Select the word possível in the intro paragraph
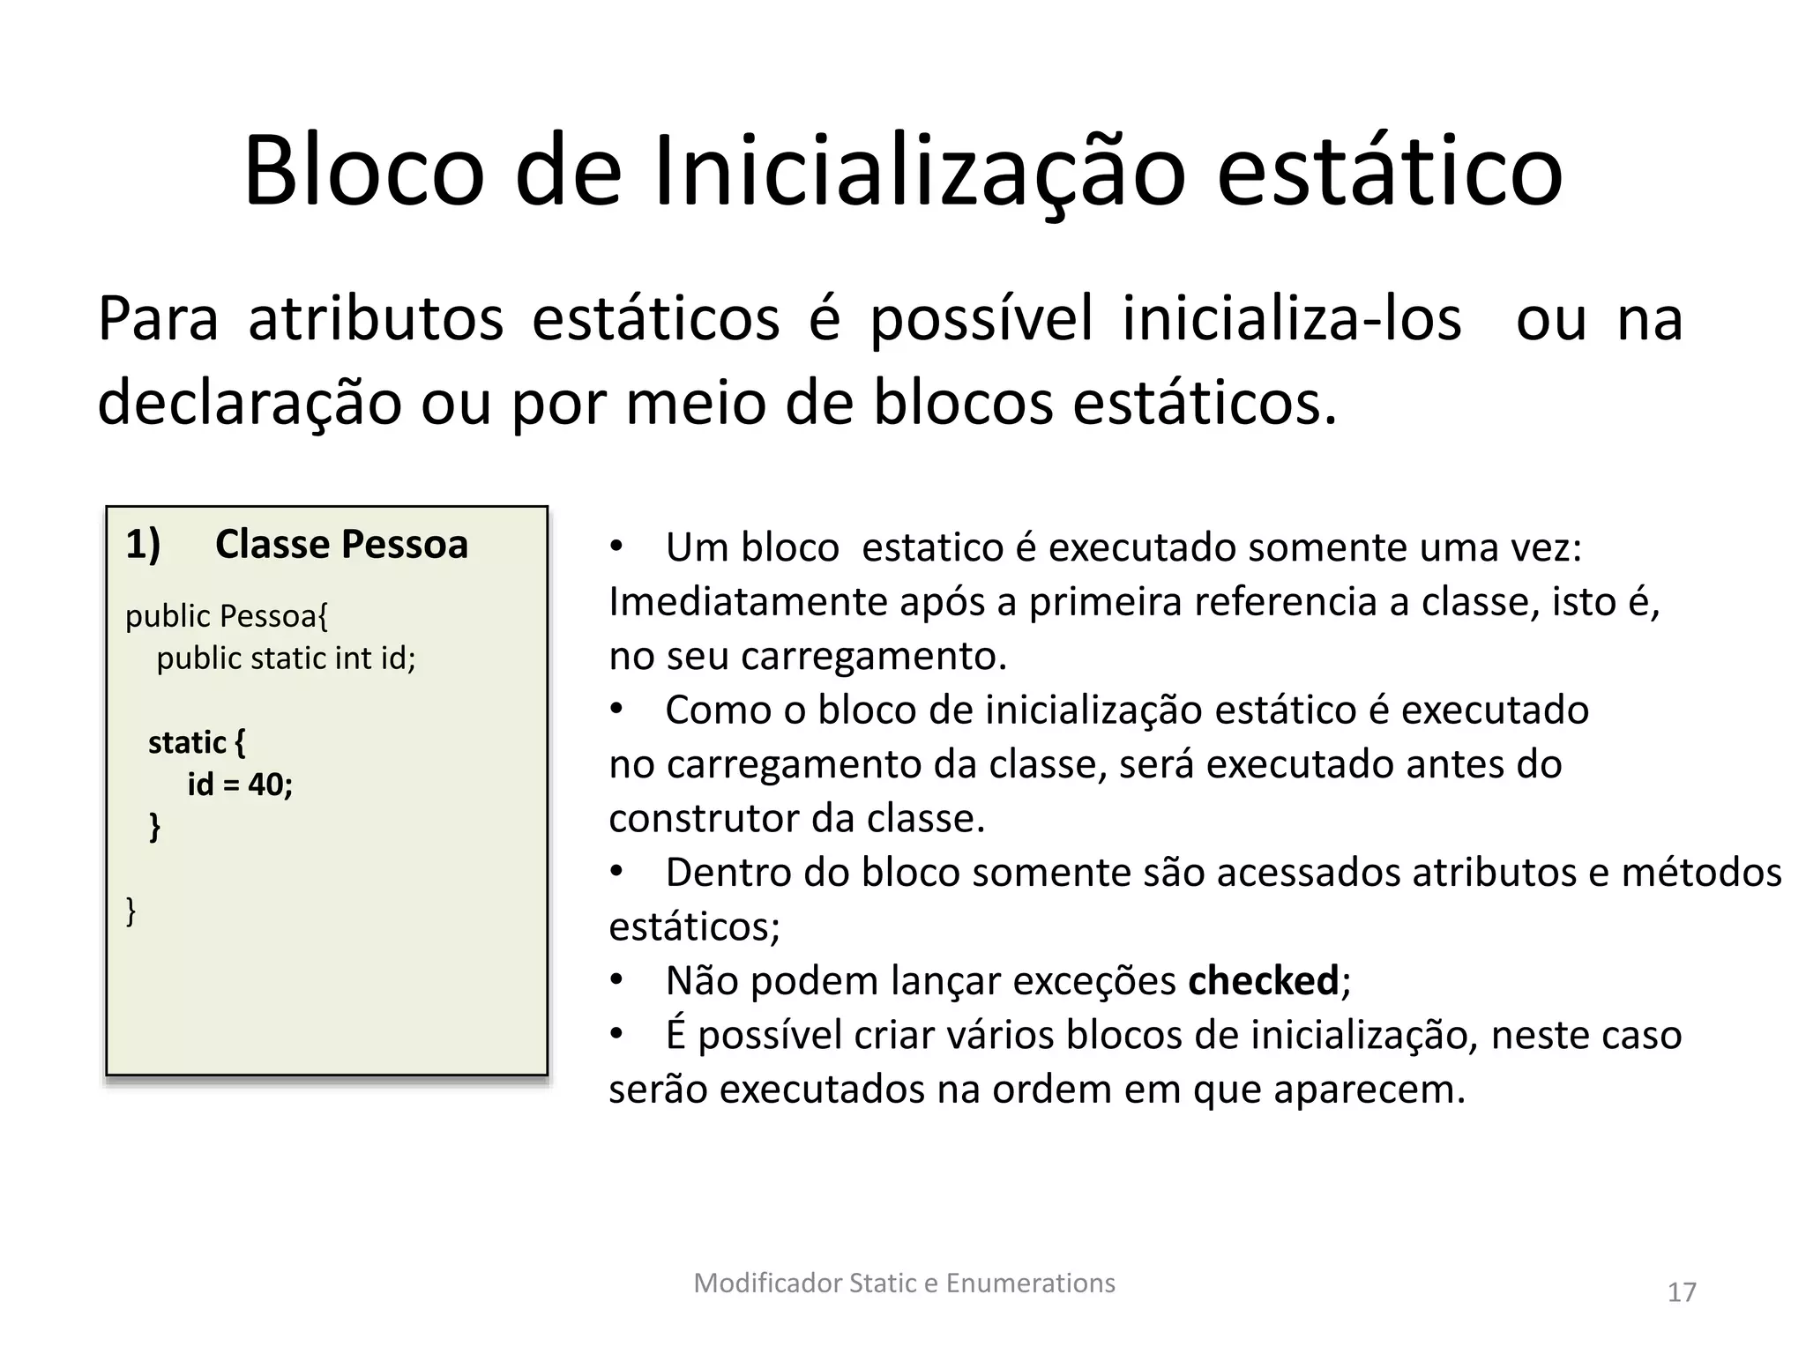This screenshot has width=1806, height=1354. click(x=981, y=318)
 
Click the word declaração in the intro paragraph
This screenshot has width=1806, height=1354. click(x=249, y=402)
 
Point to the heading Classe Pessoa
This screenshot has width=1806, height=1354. click(x=341, y=544)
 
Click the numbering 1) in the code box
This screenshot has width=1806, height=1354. click(x=143, y=544)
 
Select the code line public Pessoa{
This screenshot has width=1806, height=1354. click(x=227, y=615)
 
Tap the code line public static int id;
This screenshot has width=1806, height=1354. click(x=286, y=658)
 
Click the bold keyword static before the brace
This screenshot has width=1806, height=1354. click(x=187, y=742)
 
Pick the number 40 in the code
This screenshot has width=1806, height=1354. click(x=265, y=784)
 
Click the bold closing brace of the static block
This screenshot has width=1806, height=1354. click(x=155, y=827)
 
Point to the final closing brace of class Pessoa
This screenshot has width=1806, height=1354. click(x=131, y=911)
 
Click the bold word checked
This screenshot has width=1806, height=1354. click(x=1263, y=980)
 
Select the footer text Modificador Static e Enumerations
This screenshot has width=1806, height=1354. click(x=904, y=1283)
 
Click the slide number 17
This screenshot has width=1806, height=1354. click(x=1682, y=1292)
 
